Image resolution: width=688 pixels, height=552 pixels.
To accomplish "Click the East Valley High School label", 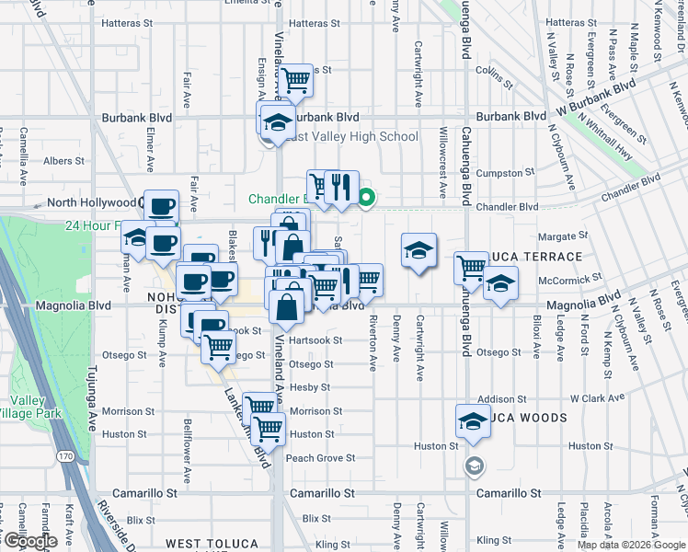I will (351, 137).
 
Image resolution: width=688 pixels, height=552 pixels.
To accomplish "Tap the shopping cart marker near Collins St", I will (296, 80).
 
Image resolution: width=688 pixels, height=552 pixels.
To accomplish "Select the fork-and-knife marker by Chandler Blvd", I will (341, 187).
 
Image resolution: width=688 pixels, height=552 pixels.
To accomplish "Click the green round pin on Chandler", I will (366, 197).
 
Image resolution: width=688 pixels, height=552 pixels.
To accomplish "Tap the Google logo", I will (29, 540).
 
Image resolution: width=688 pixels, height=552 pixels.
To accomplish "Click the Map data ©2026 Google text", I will (631, 545).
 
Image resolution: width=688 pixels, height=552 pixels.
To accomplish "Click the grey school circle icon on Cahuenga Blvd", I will (473, 466).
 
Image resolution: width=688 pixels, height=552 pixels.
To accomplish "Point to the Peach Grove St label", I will (320, 457).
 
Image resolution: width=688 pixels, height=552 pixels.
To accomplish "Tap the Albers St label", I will (63, 161).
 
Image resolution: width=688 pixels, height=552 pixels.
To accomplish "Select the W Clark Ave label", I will (598, 398).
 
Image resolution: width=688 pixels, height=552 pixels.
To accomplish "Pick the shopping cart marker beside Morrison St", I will (260, 406).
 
